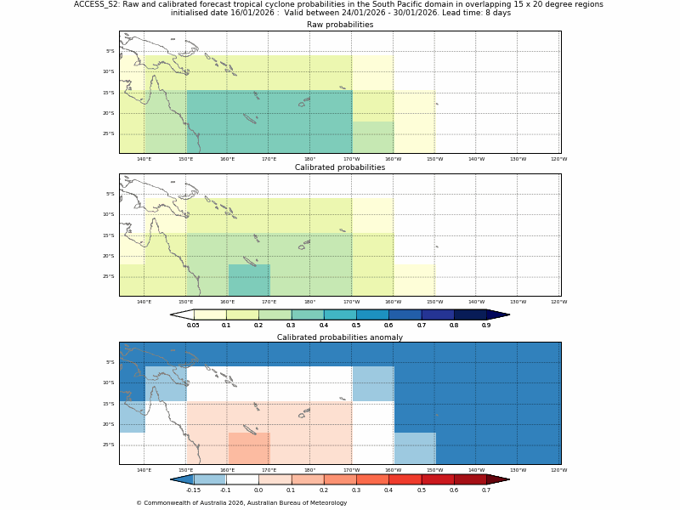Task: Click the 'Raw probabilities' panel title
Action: click(x=339, y=25)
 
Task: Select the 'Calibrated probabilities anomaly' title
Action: click(x=339, y=337)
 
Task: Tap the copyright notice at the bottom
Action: click(x=241, y=502)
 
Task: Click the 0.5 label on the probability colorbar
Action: click(x=356, y=326)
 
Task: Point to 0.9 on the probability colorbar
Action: click(x=486, y=326)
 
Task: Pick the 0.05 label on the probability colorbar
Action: click(x=193, y=326)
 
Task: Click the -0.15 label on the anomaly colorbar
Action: click(x=193, y=490)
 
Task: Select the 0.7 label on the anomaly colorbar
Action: click(x=486, y=490)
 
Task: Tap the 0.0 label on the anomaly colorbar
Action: click(x=258, y=490)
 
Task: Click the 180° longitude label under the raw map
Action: click(x=309, y=159)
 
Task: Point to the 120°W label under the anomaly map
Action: click(x=558, y=470)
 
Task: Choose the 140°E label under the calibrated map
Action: click(x=144, y=302)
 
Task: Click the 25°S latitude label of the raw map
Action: click(x=109, y=133)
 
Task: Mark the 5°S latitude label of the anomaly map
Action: click(x=110, y=362)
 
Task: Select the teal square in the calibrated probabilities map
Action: click(x=249, y=280)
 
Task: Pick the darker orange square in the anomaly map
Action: click(x=249, y=448)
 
